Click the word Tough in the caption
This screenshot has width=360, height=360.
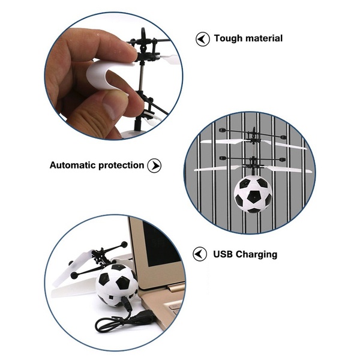[228, 38]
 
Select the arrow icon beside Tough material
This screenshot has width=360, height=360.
[203, 39]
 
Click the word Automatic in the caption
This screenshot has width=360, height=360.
[73, 165]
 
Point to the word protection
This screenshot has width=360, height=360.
[121, 166]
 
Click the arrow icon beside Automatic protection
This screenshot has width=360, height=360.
[154, 166]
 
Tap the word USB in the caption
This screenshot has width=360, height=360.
[223, 254]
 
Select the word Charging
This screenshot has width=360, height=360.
[256, 254]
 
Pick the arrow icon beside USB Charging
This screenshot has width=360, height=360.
[200, 254]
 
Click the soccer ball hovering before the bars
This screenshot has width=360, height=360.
[253, 194]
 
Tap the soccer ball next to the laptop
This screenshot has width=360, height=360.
[116, 285]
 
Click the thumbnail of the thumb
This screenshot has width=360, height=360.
[109, 110]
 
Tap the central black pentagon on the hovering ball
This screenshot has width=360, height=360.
[254, 196]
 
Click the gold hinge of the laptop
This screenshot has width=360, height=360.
[176, 287]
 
